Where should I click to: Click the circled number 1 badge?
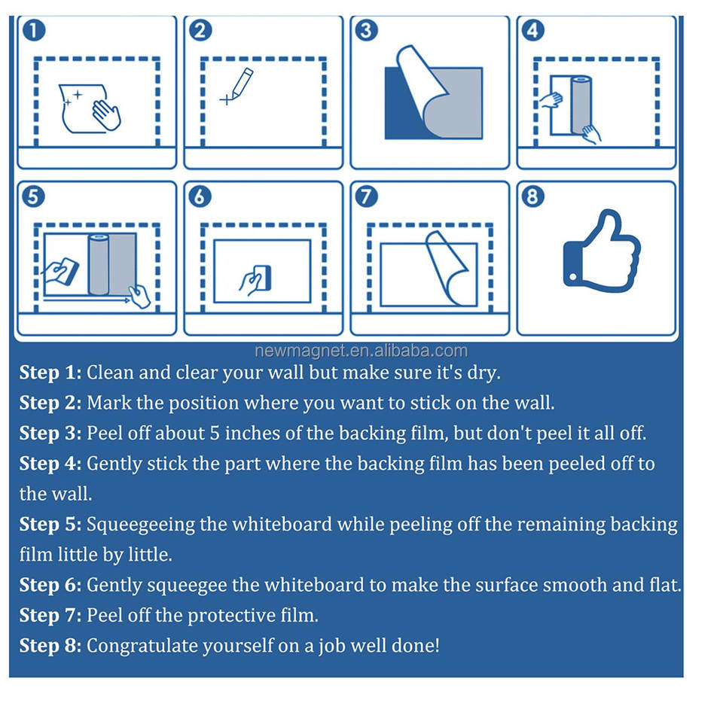coord(34,30)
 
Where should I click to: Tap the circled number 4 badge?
coord(533,30)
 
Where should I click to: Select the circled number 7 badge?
coord(367,196)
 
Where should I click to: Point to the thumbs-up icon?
coord(602,251)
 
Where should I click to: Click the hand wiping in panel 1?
coord(106,115)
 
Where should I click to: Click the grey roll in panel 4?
coord(581,105)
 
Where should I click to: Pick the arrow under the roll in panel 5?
coord(87,300)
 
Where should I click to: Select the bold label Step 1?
coord(50,373)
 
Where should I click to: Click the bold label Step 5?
coord(50,525)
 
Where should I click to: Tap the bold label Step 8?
coord(50,645)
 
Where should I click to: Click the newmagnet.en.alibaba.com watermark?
coord(361,351)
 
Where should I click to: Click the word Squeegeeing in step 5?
coord(141,525)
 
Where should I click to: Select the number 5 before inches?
coord(215,434)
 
